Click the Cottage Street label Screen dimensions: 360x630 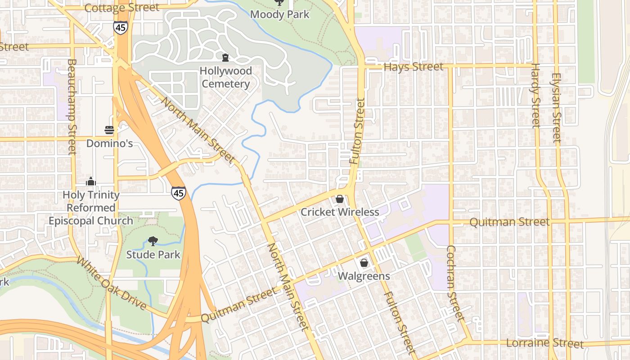pos(121,8)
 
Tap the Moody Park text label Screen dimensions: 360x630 pos(279,14)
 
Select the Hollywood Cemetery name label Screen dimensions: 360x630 pos(225,77)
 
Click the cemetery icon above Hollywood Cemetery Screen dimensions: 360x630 pos(225,58)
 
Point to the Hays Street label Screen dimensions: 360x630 pos(414,67)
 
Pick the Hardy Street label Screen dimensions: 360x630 pos(535,95)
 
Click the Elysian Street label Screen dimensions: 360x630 pos(557,108)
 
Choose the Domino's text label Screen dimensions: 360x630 pos(109,143)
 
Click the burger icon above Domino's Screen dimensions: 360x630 pos(109,130)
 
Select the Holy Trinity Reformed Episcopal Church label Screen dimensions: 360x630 pos(91,208)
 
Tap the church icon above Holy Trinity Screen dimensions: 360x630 pos(91,182)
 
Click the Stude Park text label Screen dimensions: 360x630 pos(153,254)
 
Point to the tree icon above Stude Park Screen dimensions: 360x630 pos(153,241)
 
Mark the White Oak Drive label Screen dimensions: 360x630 pos(111,283)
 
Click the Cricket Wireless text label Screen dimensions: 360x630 pos(340,211)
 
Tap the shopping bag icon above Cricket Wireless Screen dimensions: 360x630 pos(340,198)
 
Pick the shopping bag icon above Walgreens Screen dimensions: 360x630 pos(364,263)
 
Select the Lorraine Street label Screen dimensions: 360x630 pos(544,343)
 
